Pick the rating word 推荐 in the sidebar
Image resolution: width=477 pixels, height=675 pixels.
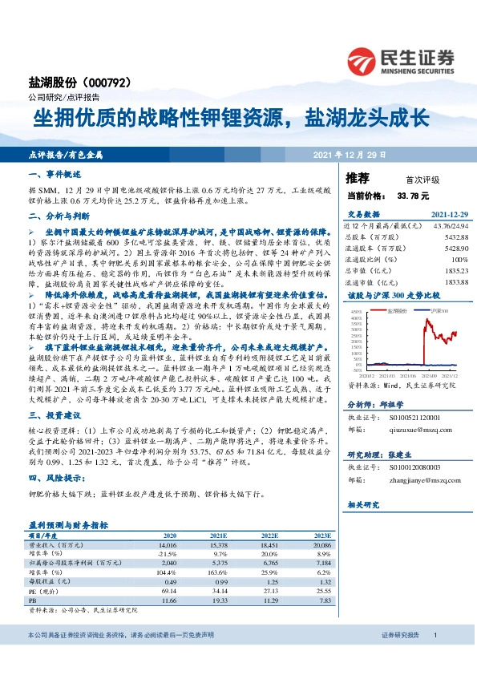coord(358,177)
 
